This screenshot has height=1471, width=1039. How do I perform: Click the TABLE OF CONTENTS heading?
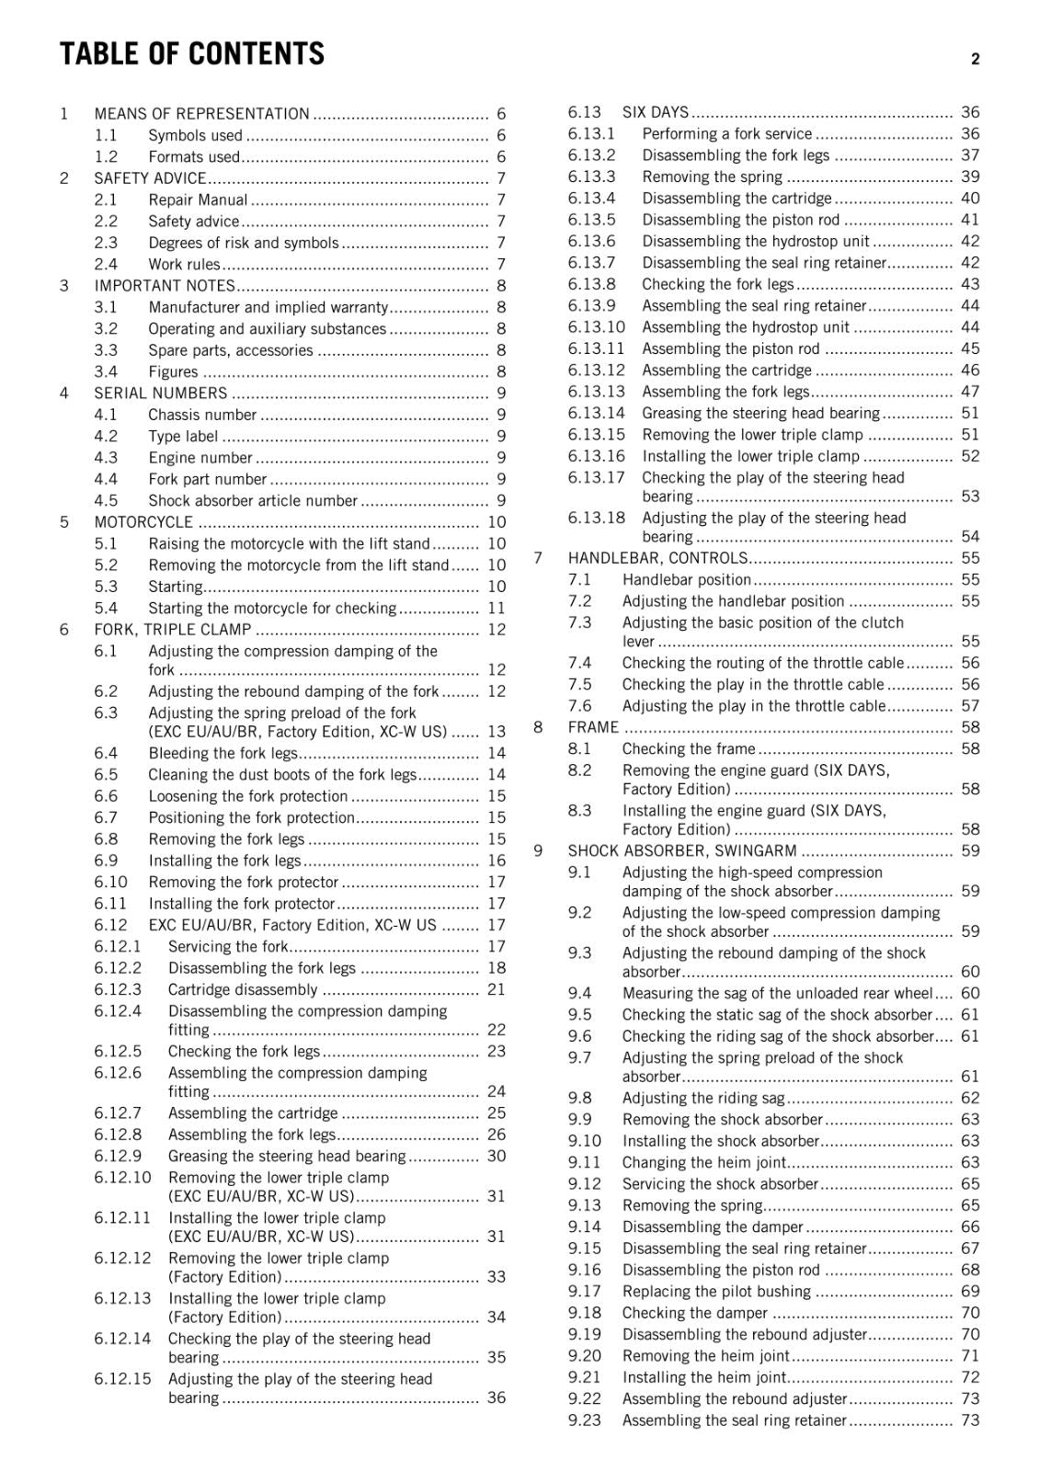click(192, 54)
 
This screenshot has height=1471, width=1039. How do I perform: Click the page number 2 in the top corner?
click(976, 59)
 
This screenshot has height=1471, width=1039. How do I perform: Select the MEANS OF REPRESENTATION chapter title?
click(201, 114)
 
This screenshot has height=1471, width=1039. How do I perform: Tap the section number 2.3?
click(106, 243)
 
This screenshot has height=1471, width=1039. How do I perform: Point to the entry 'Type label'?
click(183, 437)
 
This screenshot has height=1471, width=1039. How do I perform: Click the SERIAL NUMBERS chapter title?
click(161, 393)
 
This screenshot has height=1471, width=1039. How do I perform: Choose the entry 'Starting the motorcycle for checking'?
click(272, 609)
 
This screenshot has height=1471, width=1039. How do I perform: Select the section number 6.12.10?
click(122, 1178)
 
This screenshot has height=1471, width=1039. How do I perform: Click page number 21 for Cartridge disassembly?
click(497, 990)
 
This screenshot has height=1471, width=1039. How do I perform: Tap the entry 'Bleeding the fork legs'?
click(223, 754)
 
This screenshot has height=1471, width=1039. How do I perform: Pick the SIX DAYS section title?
click(656, 112)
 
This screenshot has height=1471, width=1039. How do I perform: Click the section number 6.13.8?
click(591, 284)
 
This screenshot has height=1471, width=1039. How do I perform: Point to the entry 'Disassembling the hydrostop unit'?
click(756, 242)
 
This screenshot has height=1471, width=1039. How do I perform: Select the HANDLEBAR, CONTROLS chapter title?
click(657, 558)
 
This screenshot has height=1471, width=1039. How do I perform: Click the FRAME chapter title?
click(593, 727)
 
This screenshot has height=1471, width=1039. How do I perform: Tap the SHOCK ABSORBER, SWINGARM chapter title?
click(682, 851)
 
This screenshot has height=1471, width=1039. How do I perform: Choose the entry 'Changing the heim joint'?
click(704, 1163)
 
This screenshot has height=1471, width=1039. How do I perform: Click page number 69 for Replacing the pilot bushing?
click(970, 1292)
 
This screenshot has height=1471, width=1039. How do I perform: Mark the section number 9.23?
click(584, 1420)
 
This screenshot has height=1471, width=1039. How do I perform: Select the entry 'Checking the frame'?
click(689, 749)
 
